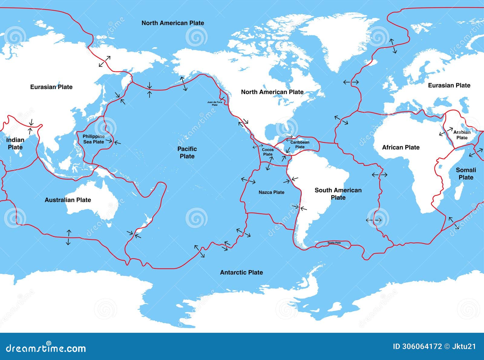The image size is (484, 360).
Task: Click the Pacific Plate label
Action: coord(187,152)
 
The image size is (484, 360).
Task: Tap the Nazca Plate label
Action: coord(271,192)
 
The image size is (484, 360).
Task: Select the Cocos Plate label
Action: coord(268,152)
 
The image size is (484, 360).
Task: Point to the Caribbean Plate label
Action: coord(300,145)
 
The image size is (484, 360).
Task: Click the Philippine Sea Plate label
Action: coord(93,139)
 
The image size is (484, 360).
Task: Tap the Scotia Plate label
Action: coord(334,243)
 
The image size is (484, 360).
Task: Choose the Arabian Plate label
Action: coord(462,135)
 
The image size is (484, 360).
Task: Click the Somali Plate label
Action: coord(466,174)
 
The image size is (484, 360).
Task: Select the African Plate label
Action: coord(401,147)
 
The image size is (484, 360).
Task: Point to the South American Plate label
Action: coord(338,194)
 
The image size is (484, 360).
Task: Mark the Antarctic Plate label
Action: coord(241,273)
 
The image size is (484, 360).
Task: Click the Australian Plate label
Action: coord(68,200)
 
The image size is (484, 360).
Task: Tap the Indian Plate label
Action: coord(15,144)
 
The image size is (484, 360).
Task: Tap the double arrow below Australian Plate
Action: coord(69,237)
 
